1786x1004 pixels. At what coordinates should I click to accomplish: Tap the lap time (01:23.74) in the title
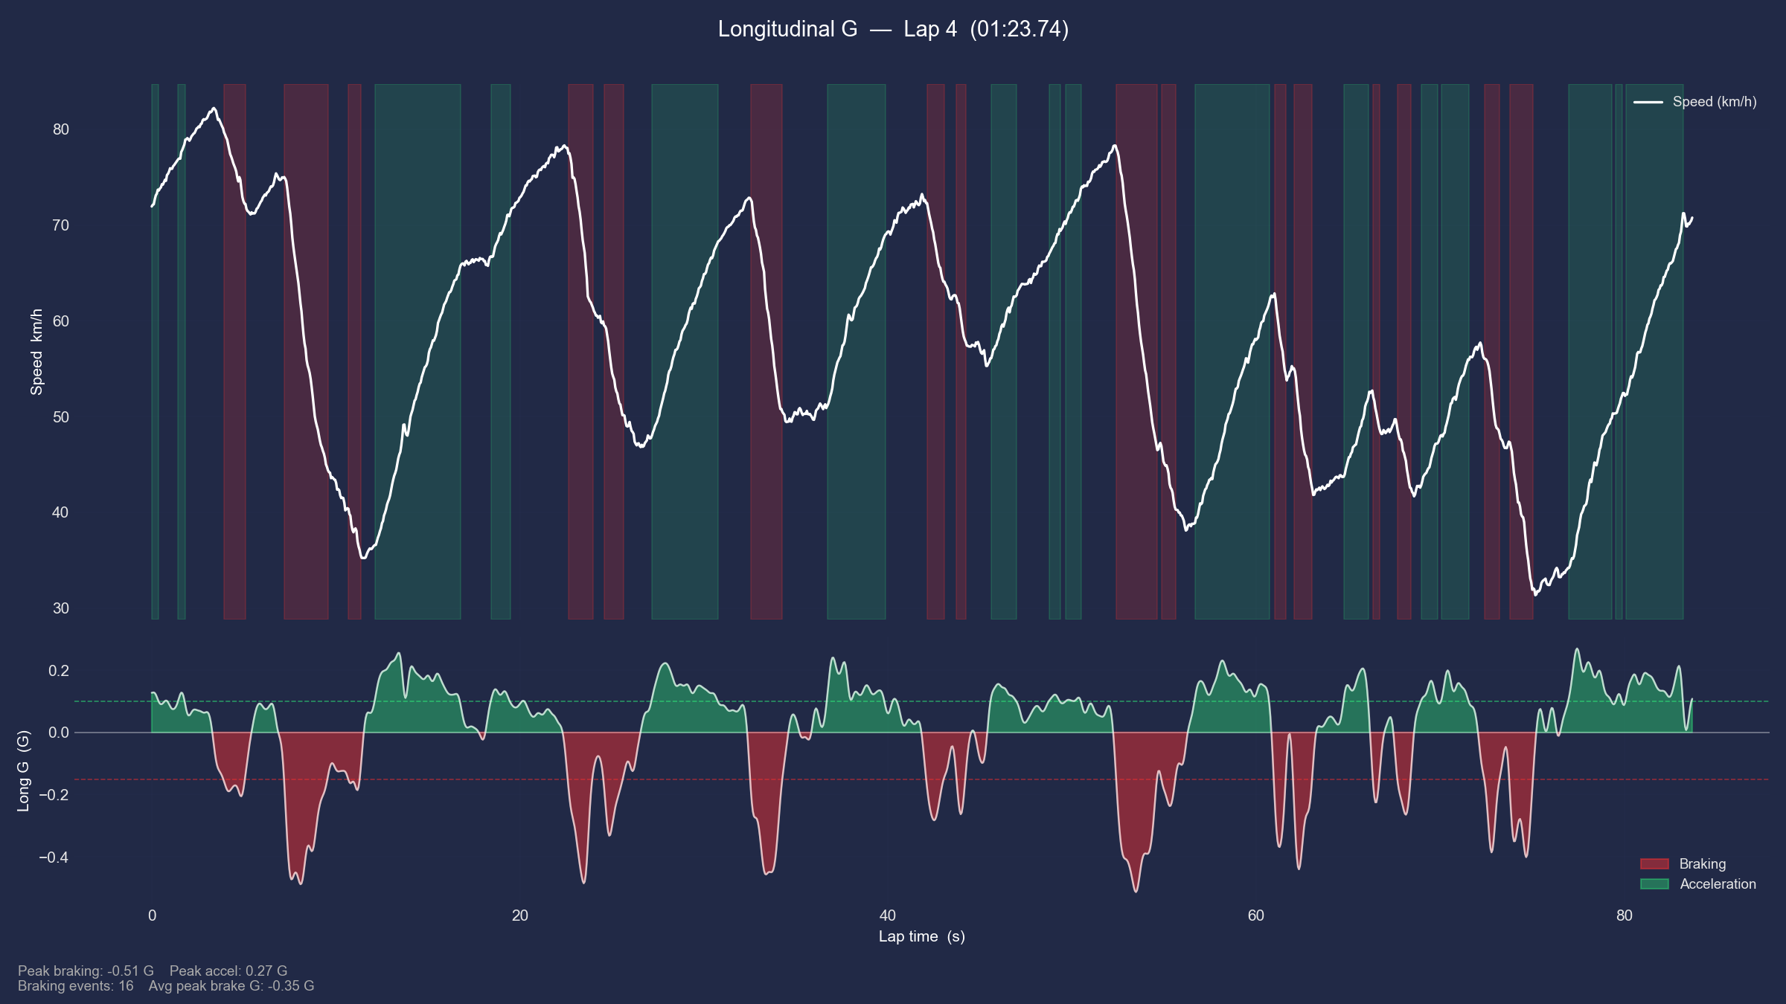point(1019,30)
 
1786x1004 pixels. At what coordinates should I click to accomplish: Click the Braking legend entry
point(1702,863)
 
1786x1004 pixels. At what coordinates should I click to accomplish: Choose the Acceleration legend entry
point(1717,884)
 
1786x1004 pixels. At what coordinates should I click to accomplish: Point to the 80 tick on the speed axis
point(60,129)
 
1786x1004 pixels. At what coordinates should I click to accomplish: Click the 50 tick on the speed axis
point(60,416)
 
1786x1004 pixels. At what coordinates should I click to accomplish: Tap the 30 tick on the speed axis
point(60,608)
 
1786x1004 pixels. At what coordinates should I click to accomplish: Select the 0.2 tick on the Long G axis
point(59,671)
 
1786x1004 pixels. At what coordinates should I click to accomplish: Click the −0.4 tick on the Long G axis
point(54,857)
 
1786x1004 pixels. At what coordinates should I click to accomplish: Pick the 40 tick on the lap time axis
point(887,915)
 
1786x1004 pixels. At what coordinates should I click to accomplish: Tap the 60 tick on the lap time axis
point(1255,915)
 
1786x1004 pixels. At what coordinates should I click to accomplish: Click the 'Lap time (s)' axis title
point(921,936)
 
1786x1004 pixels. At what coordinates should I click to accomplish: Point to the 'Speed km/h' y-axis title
point(36,352)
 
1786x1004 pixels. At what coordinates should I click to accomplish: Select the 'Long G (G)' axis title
point(23,770)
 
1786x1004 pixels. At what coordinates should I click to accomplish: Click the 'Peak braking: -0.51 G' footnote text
point(86,971)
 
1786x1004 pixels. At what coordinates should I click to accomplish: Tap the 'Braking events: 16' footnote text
point(75,986)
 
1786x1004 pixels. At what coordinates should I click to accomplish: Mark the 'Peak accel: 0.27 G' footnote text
point(228,971)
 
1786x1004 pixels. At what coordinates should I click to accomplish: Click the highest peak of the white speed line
point(214,109)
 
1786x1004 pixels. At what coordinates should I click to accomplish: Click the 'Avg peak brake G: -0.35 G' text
point(231,986)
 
